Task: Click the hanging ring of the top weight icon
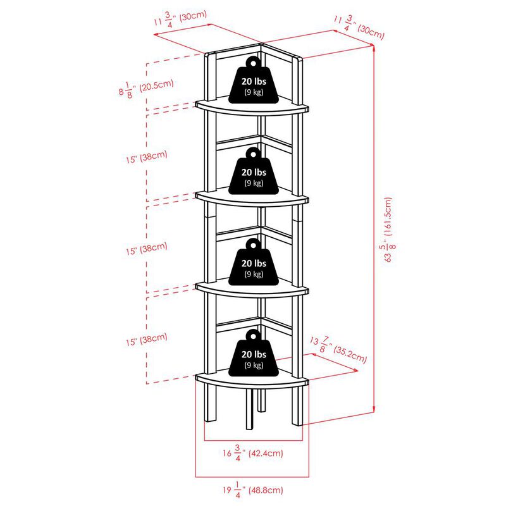click(x=253, y=61)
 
